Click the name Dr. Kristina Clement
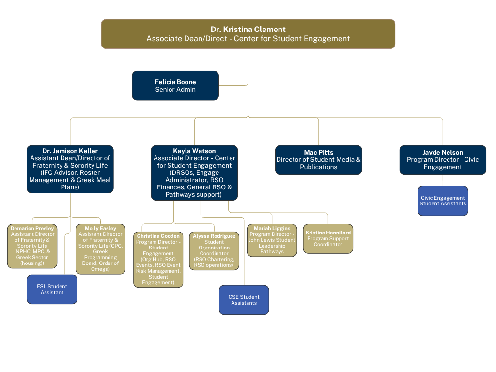pos(248,30)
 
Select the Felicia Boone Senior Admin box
pos(175,86)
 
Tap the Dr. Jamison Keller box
pos(70,169)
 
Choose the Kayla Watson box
pos(194,172)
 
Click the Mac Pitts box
pos(318,160)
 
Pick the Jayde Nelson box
pos(443,160)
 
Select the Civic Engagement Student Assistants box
pos(443,201)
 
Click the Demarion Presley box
pos(32,246)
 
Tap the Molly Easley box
pos(100,249)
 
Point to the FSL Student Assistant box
pos(52,289)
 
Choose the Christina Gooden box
pos(158,260)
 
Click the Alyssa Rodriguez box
pos(214,251)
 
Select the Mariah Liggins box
pos(272,240)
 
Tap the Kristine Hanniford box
pos(328,238)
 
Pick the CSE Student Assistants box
pos(244,300)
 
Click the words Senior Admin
pos(175,90)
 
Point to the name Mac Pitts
pos(318,153)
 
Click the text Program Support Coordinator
pos(328,241)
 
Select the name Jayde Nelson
pos(443,153)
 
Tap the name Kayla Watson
pos(194,151)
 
